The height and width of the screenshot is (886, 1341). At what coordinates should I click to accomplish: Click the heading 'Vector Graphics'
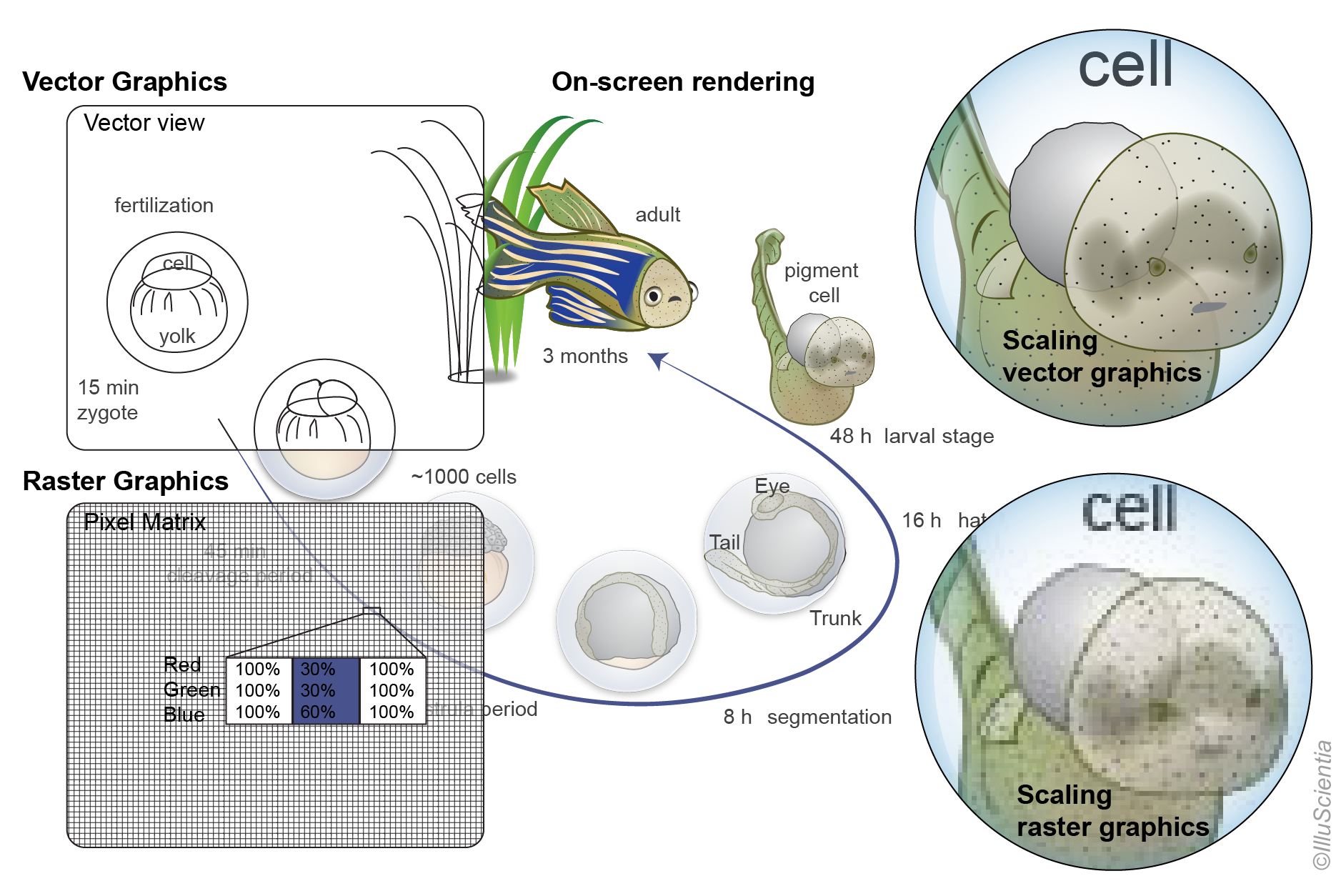click(124, 82)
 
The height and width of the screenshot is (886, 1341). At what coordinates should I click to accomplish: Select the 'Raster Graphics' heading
click(126, 482)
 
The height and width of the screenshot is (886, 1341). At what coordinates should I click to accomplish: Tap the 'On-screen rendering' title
click(682, 82)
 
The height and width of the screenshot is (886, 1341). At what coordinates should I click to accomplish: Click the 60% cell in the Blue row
click(318, 712)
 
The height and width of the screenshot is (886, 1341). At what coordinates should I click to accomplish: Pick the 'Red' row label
click(182, 665)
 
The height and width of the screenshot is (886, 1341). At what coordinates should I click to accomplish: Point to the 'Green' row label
click(191, 690)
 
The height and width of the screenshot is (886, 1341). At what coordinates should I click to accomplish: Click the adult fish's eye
click(653, 296)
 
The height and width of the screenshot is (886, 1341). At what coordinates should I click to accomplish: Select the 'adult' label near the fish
click(657, 215)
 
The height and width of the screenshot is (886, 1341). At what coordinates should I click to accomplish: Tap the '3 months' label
click(585, 357)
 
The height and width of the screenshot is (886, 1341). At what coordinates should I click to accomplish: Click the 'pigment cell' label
click(822, 283)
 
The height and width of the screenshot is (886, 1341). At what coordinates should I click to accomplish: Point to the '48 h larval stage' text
click(912, 437)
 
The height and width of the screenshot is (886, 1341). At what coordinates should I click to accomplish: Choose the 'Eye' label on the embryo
click(772, 487)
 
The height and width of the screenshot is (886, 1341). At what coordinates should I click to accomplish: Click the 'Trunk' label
click(835, 619)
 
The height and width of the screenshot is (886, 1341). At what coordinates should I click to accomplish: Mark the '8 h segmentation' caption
click(807, 717)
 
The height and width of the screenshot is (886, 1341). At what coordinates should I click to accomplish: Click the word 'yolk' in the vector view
click(177, 337)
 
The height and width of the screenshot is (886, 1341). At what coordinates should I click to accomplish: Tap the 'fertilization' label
click(164, 206)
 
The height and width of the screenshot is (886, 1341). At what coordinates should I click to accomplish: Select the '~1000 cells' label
click(464, 477)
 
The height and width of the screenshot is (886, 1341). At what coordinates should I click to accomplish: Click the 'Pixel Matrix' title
click(144, 522)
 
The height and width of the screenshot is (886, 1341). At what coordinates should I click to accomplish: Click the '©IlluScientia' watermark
click(1322, 805)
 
